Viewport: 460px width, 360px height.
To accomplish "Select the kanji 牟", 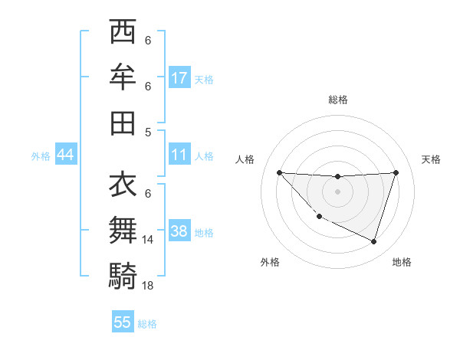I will (x=123, y=77).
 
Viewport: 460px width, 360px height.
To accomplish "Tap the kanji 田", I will (x=123, y=123).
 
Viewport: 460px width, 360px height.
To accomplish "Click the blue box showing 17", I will (x=179, y=77).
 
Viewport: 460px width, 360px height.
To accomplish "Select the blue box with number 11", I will (x=179, y=155).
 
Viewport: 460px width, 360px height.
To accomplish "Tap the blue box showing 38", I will (x=179, y=231).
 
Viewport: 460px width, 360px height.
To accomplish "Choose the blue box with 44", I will (x=65, y=155).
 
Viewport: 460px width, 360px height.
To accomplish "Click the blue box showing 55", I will (x=123, y=322).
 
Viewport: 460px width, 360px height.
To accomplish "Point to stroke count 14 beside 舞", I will (x=149, y=240).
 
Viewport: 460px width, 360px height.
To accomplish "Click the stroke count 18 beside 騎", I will (x=149, y=285).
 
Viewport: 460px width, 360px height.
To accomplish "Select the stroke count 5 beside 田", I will (x=147, y=132).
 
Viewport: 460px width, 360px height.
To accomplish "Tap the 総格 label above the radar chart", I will (x=337, y=100).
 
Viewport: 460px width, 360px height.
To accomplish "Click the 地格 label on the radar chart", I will (x=402, y=262).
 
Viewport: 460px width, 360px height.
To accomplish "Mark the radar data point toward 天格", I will (x=396, y=172).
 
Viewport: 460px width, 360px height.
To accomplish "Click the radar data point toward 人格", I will (x=279, y=172).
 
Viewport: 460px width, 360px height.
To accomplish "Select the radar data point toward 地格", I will (x=373, y=241).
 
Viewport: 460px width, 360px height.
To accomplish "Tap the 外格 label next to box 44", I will (x=41, y=155).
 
